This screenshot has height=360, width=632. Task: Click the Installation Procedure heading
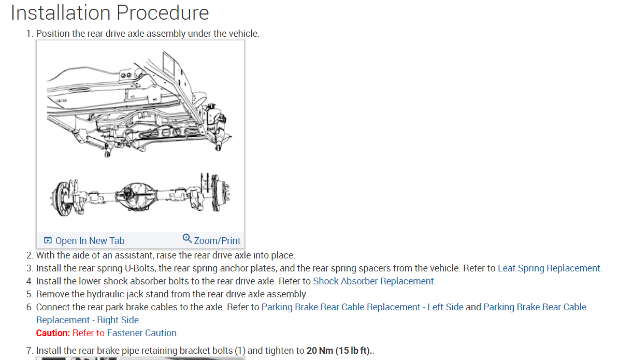[x=110, y=12]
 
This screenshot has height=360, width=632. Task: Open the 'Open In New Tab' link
[x=90, y=240]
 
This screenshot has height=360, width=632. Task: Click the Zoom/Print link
[x=217, y=240]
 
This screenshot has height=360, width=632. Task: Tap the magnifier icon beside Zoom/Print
[x=188, y=239]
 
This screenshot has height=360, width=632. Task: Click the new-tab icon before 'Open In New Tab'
[x=48, y=240]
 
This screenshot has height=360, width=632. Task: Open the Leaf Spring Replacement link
[x=549, y=268]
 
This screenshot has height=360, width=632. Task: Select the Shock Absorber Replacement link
[x=374, y=281]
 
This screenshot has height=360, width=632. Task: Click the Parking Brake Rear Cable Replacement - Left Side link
[x=362, y=307]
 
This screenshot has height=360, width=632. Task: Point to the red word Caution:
[x=53, y=333]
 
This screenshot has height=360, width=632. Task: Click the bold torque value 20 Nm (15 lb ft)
[x=339, y=351]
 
